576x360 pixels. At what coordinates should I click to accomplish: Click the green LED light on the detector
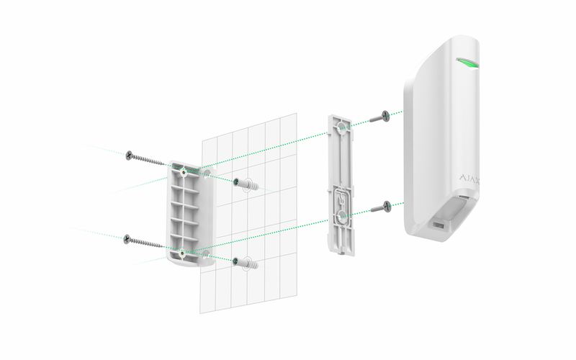(x=467, y=63)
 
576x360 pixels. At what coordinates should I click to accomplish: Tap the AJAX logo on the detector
(x=470, y=179)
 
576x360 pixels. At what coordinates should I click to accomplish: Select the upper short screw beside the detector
(x=380, y=117)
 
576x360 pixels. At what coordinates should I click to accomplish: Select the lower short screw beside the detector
(x=381, y=207)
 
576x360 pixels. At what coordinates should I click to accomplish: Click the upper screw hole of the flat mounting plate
(x=341, y=128)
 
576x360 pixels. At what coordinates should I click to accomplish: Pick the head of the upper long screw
(x=129, y=156)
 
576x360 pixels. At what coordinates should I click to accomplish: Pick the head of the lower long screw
(x=127, y=239)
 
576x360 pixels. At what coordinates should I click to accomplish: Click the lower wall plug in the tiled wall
(x=246, y=263)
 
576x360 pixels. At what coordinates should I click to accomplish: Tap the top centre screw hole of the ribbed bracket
(x=183, y=171)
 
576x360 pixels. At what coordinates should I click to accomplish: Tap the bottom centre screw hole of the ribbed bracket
(x=182, y=253)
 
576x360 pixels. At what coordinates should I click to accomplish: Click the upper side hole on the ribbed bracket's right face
(x=207, y=173)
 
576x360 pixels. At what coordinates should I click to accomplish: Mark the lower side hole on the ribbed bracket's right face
(x=206, y=253)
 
